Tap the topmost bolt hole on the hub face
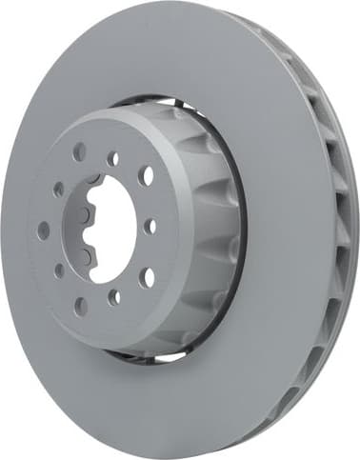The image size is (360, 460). click(x=79, y=151)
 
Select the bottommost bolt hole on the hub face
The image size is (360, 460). click(x=80, y=306)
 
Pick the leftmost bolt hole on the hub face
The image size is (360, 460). click(x=44, y=230)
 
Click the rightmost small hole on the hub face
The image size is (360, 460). click(x=150, y=227)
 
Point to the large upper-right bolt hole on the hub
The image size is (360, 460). click(x=146, y=176)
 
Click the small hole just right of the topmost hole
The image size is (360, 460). click(x=113, y=159)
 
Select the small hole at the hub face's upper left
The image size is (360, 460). click(x=58, y=190)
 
